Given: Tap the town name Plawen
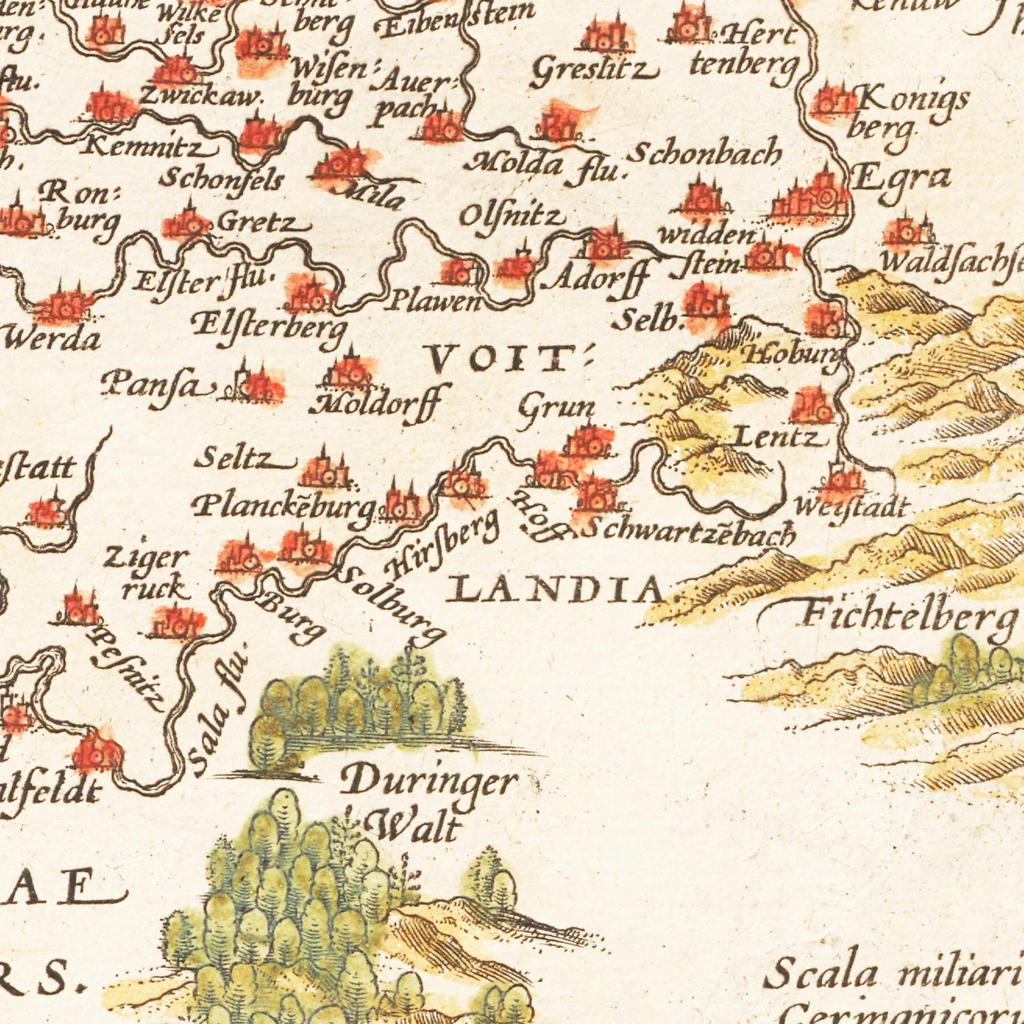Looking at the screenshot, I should tap(433, 302).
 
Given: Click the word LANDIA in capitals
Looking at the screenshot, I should tap(558, 589).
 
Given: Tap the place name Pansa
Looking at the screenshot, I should tap(156, 386).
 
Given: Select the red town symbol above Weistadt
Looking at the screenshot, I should tap(841, 479).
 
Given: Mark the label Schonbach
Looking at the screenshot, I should tap(704, 154).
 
